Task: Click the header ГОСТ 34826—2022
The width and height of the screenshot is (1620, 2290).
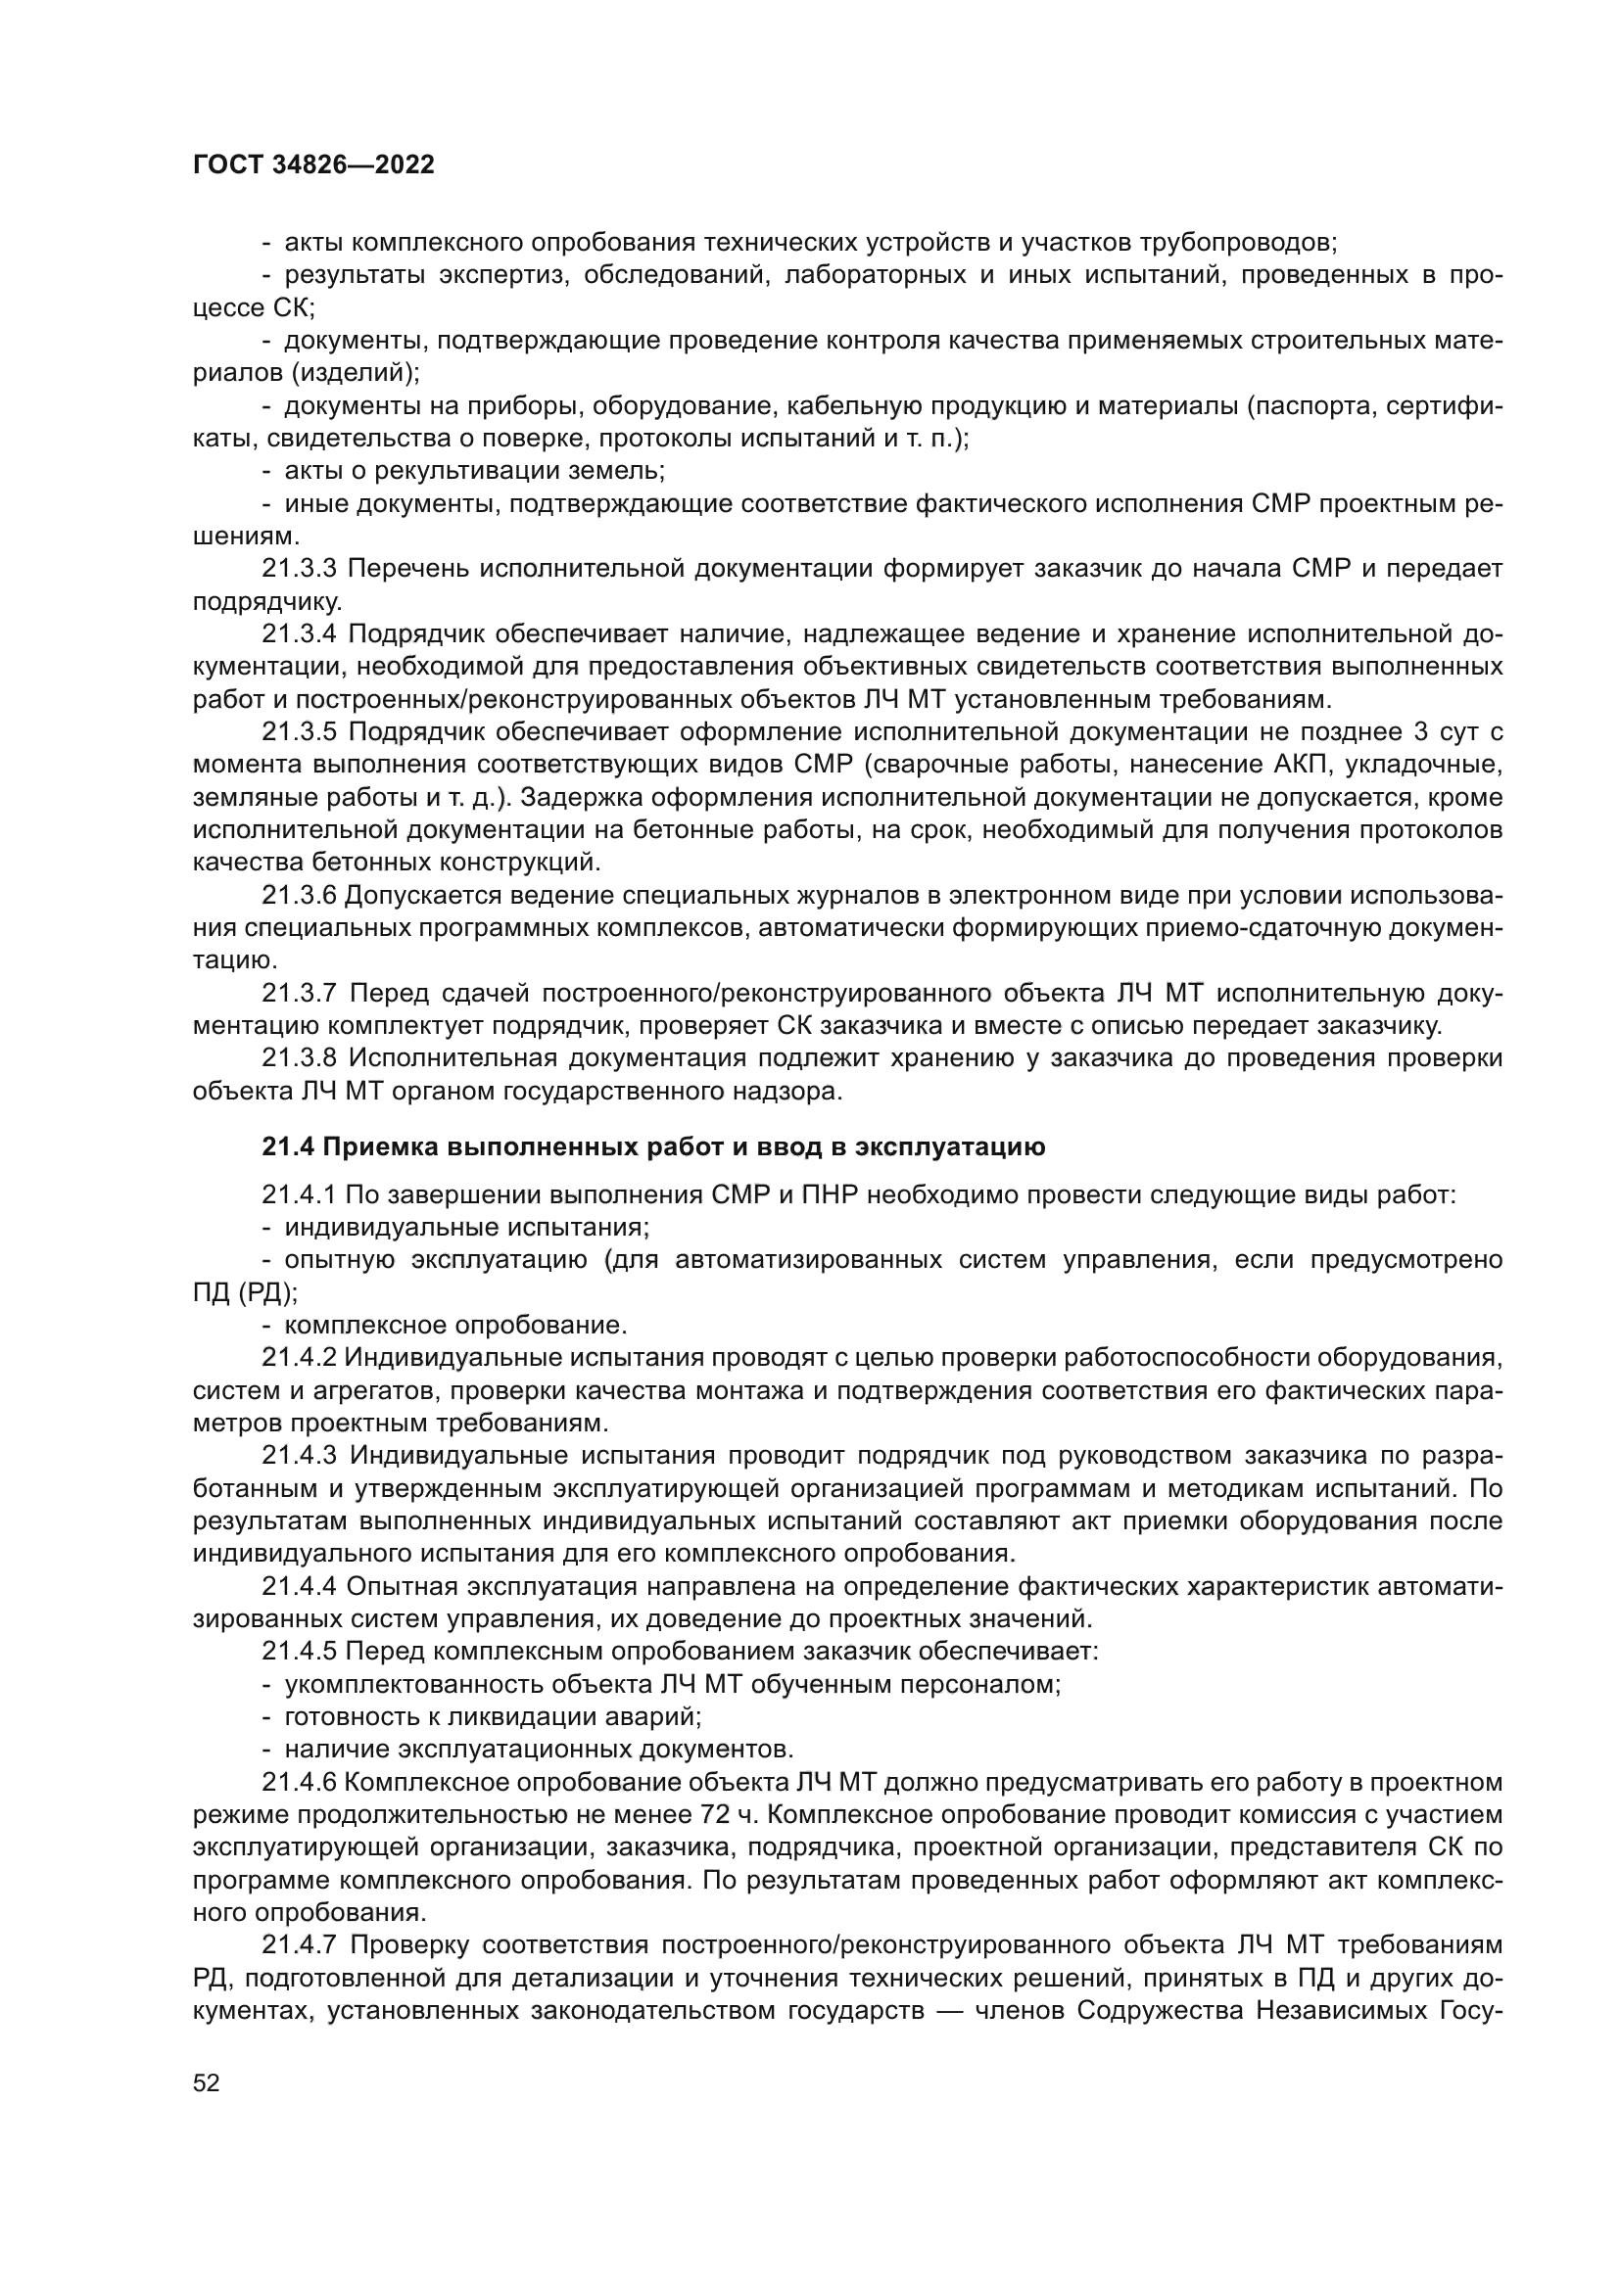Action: (313, 165)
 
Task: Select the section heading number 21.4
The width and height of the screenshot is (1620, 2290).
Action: (288, 1147)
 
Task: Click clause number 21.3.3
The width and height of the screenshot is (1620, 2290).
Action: (301, 570)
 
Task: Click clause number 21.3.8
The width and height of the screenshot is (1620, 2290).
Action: (301, 1058)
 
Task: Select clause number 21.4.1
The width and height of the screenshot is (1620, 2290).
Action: (301, 1194)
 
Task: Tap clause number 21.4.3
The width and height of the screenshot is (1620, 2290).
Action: (301, 1456)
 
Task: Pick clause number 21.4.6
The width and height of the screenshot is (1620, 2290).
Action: (301, 1782)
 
